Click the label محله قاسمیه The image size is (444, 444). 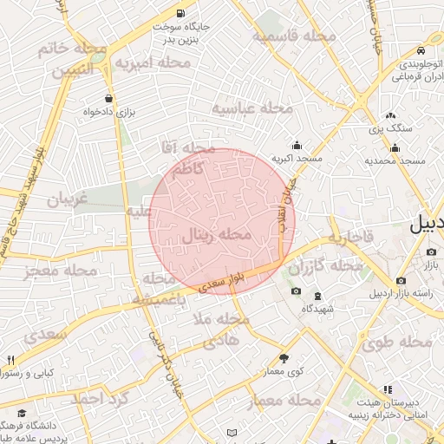pyautogui.click(x=294, y=36)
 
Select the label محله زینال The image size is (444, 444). pyautogui.click(x=218, y=234)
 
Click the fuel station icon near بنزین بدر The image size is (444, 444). pyautogui.click(x=180, y=14)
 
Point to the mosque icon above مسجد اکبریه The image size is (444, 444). pyautogui.click(x=297, y=145)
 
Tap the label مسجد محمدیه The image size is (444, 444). pyautogui.click(x=395, y=161)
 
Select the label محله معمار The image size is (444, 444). pyautogui.click(x=284, y=402)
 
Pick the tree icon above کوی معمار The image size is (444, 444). pyautogui.click(x=284, y=358)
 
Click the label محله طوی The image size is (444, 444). pyautogui.click(x=396, y=343)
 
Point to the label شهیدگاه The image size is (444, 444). pyautogui.click(x=311, y=310)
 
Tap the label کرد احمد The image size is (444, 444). pyautogui.click(x=99, y=399)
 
